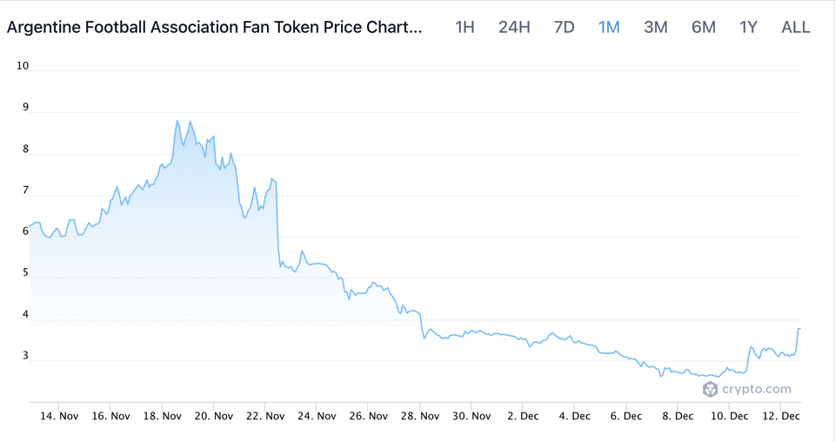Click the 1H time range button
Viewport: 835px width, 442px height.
tap(464, 27)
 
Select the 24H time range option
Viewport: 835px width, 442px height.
tap(514, 27)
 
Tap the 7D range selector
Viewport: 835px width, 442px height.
tap(564, 27)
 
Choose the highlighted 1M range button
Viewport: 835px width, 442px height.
tap(609, 27)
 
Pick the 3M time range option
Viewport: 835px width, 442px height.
tap(656, 27)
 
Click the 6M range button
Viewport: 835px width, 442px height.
tap(704, 27)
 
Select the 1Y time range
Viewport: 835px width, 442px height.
tap(749, 27)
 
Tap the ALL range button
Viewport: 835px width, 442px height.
tap(796, 27)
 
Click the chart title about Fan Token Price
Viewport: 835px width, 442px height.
tap(215, 27)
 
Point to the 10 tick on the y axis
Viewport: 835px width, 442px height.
tap(23, 66)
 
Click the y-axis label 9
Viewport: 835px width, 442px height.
tap(25, 108)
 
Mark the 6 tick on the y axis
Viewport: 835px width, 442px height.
tap(25, 231)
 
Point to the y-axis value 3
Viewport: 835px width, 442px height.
tap(25, 356)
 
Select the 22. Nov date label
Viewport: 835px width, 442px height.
tap(265, 417)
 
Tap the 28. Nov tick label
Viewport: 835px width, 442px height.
tap(419, 417)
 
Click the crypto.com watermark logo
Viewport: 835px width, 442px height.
tap(746, 389)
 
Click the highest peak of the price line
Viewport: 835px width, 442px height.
tap(177, 121)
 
